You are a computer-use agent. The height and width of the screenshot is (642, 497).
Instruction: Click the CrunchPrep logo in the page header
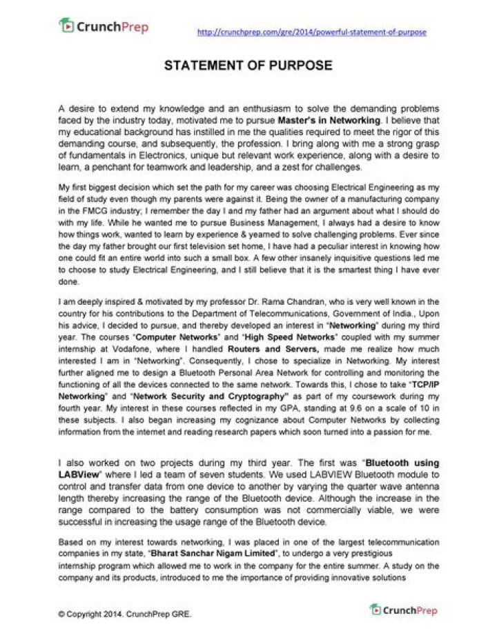point(104,27)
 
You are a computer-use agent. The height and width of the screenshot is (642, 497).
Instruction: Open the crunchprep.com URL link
point(311,32)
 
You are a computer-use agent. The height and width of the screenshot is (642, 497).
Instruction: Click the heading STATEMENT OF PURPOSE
point(248,66)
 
